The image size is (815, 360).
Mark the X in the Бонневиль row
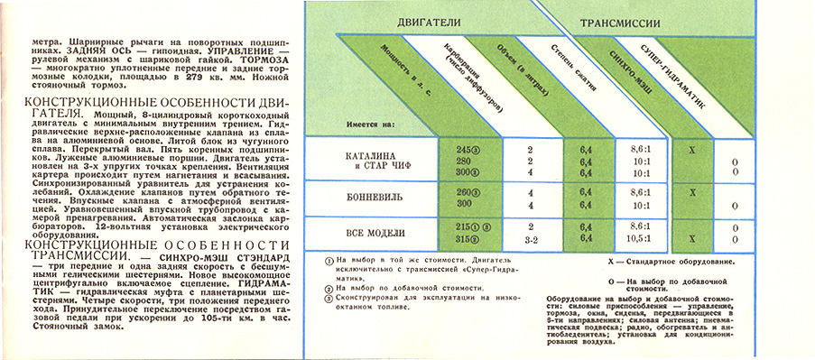[x=690, y=191]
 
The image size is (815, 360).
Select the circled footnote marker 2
[x=330, y=288]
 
